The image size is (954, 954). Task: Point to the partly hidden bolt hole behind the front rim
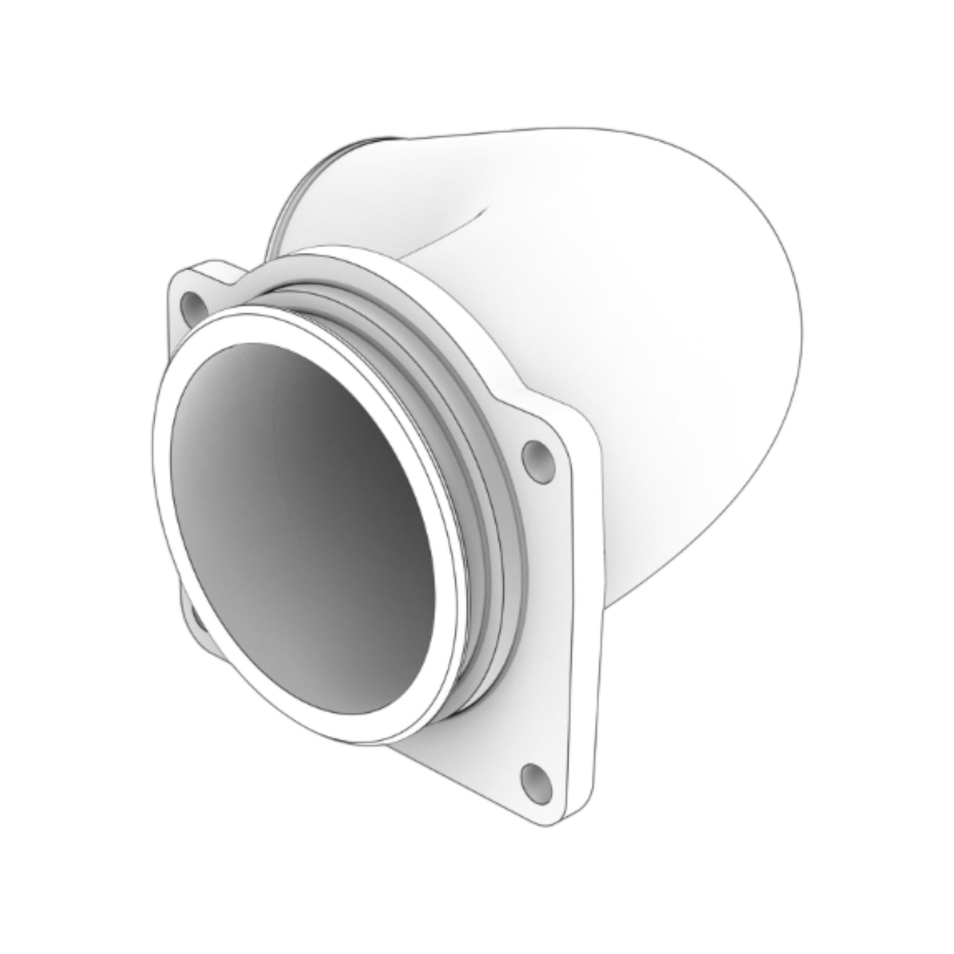(196, 619)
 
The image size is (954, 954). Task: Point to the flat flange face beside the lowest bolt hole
(489, 759)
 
